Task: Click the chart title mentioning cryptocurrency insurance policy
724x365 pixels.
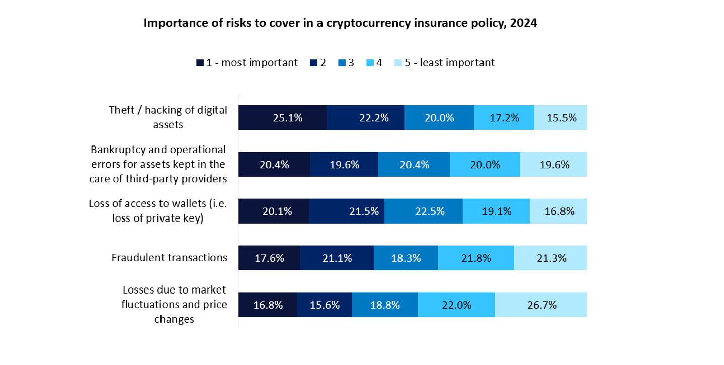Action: pyautogui.click(x=341, y=24)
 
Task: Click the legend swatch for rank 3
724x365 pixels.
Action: pyautogui.click(x=342, y=63)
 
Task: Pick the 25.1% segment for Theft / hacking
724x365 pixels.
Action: pyautogui.click(x=282, y=118)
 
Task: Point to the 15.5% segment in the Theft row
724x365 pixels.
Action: pyautogui.click(x=560, y=118)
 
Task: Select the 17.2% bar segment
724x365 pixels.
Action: pyautogui.click(x=504, y=118)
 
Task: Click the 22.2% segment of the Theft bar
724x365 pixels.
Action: pyautogui.click(x=365, y=118)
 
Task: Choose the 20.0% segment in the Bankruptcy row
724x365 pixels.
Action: pyautogui.click(x=485, y=165)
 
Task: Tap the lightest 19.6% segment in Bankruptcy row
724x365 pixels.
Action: pyautogui.click(x=553, y=165)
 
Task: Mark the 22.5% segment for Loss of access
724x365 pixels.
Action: pyautogui.click(x=423, y=211)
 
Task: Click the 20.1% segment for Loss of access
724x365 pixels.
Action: pyautogui.click(x=273, y=211)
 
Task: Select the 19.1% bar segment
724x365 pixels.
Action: pyautogui.click(x=496, y=211)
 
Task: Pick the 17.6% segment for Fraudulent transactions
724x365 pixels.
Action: pyautogui.click(x=269, y=258)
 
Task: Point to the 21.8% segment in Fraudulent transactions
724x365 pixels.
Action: pyautogui.click(x=476, y=258)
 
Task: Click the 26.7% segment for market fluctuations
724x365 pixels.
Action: pyautogui.click(x=541, y=305)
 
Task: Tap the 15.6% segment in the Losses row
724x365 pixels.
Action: pyautogui.click(x=325, y=305)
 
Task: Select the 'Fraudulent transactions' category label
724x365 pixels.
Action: pyautogui.click(x=169, y=258)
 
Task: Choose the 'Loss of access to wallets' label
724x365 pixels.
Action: pyautogui.click(x=157, y=211)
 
